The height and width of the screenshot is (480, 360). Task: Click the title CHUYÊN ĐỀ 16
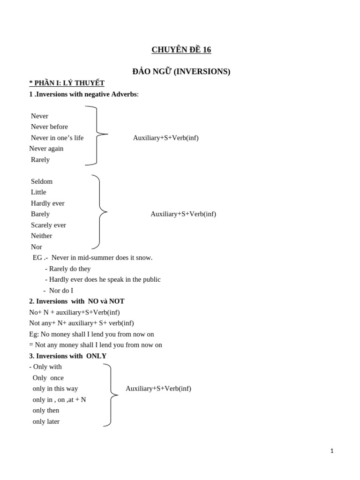[181, 50]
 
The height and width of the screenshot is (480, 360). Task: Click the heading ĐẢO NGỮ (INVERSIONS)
[181, 72]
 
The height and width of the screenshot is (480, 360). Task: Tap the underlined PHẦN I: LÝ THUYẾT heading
[67, 83]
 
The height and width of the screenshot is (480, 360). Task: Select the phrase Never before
[49, 127]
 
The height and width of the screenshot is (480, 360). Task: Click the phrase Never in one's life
[57, 138]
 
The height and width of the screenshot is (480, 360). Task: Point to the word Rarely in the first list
[40, 159]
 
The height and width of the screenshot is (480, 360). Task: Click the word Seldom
[42, 181]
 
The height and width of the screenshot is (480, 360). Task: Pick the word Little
[38, 192]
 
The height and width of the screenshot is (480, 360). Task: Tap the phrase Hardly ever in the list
[48, 203]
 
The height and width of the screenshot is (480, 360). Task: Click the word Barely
[40, 214]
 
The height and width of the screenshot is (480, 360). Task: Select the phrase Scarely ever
[48, 225]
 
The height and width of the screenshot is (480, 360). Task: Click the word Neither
[42, 236]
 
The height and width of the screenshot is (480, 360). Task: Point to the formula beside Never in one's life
[165, 138]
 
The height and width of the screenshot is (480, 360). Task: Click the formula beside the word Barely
[183, 214]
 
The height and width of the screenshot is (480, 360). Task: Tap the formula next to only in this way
[158, 389]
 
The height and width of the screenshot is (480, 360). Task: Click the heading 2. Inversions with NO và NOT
[77, 301]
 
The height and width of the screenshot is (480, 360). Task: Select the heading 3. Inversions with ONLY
[68, 356]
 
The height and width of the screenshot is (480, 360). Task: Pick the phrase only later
[46, 421]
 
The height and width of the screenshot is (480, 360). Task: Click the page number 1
[332, 451]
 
